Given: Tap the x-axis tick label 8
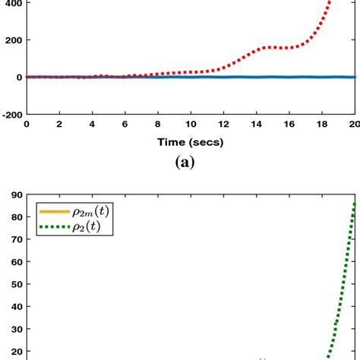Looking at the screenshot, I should (158, 125).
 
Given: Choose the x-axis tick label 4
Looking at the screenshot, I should (92, 125).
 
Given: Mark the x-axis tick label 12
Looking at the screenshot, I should (223, 125).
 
